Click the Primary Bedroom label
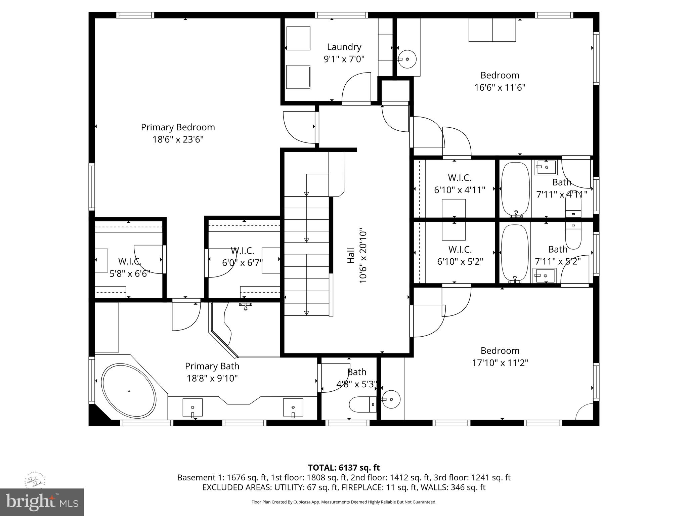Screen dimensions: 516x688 178,127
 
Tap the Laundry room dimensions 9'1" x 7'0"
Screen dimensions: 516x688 344,59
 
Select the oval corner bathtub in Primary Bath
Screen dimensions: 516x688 129,391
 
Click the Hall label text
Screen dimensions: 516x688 351,256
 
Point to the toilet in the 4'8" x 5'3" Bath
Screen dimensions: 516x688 362,404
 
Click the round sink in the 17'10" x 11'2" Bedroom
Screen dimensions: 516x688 391,399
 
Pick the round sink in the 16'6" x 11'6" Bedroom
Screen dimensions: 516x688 407,59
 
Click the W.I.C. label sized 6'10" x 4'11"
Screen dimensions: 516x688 459,178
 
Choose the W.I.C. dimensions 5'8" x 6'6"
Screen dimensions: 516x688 130,273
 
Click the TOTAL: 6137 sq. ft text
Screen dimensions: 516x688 344,468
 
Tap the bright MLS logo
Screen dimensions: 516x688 42,502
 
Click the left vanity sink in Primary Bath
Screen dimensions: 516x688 192,407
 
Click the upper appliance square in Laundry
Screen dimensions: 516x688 298,38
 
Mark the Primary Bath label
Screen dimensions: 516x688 212,366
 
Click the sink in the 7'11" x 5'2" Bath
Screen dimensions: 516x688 544,275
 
